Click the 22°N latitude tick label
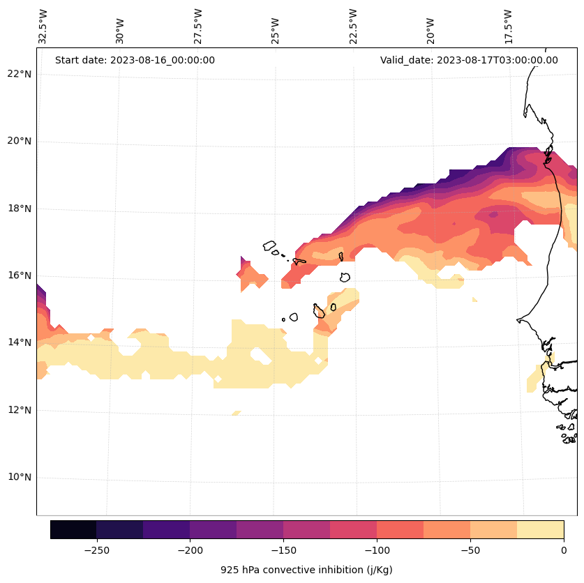pos(19,74)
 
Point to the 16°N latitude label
pos(19,275)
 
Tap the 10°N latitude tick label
pos(19,478)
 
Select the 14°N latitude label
pos(19,342)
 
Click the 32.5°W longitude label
pos(43,26)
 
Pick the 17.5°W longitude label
pos(508,26)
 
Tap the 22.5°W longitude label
pos(353,26)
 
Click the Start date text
pos(135,60)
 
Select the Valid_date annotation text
pos(469,60)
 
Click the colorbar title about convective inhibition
pos(306,570)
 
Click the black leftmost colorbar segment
pos(73,529)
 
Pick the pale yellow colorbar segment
pos(540,529)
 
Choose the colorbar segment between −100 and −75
pos(400,529)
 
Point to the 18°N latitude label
pos(19,209)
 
